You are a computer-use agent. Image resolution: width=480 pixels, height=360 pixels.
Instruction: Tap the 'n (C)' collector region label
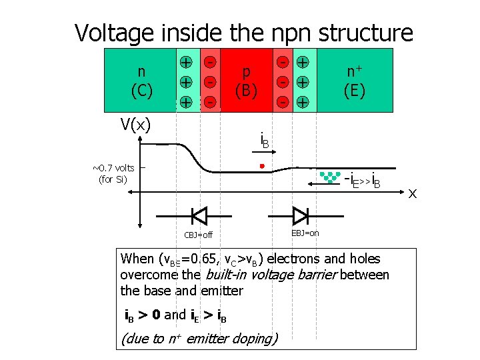pos(141,81)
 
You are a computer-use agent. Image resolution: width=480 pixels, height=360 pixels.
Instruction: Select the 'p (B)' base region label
pos(246,81)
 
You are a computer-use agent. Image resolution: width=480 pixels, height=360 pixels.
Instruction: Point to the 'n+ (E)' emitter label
pos(354,81)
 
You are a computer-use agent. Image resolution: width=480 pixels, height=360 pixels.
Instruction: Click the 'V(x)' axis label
pos(135,124)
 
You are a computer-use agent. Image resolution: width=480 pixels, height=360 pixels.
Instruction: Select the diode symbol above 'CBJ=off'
pos(199,215)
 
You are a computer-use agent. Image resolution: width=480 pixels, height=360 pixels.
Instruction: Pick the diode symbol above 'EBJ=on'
pos(301,215)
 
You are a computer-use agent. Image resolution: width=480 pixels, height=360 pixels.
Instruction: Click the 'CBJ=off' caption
pos(198,235)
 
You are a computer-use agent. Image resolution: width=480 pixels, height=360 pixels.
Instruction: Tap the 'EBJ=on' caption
pos(305,233)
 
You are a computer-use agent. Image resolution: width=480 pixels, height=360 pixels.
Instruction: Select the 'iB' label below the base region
pos(265,141)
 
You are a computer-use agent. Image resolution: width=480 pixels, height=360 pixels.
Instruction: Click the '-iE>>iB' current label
pos(361,179)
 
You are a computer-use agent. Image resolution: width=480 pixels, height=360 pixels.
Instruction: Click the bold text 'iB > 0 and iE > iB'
pos(176,315)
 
